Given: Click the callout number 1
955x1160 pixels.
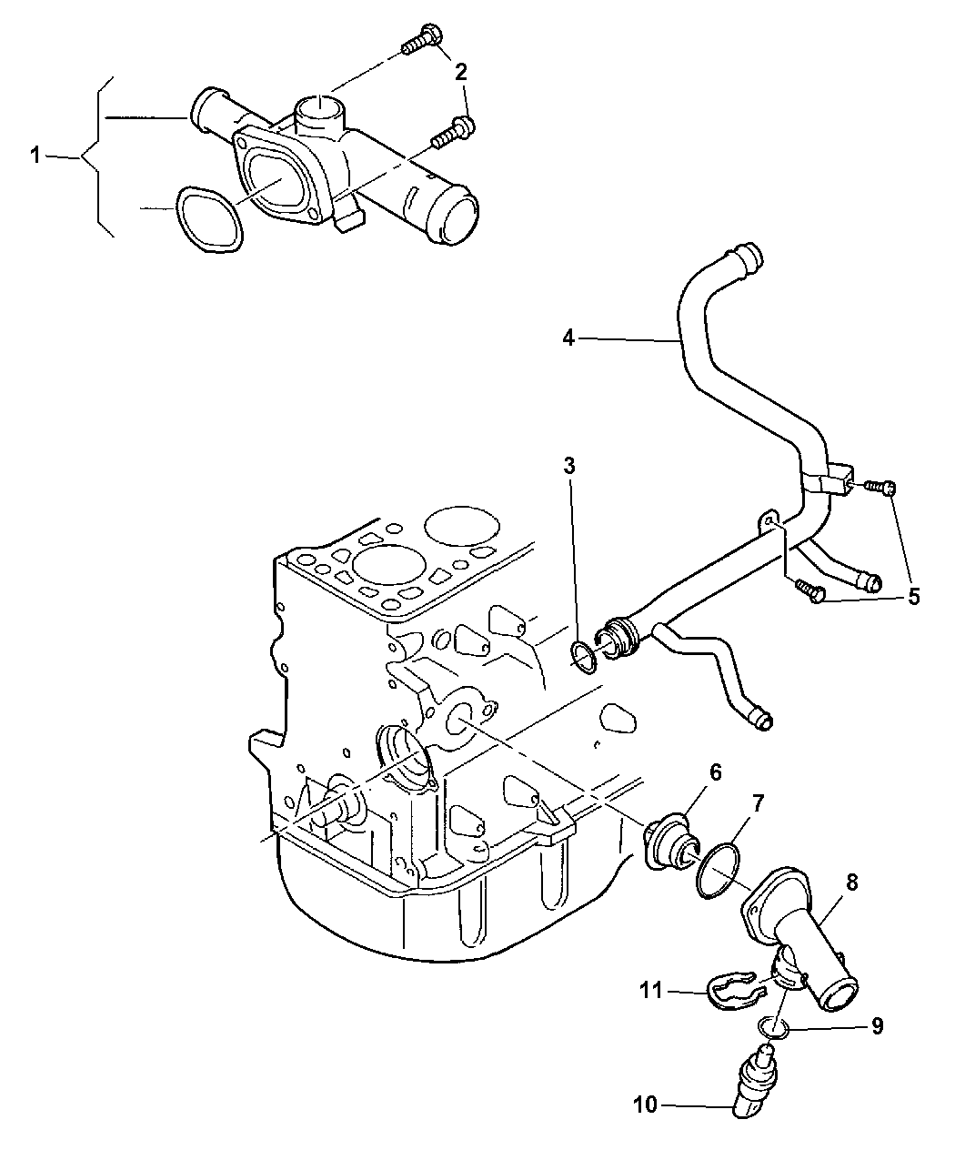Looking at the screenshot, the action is (35, 156).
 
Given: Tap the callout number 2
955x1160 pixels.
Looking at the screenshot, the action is (460, 72).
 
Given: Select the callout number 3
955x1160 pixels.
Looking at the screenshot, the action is (568, 466).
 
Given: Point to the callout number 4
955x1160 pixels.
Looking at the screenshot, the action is (568, 338).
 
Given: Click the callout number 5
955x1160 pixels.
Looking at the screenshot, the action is (914, 596).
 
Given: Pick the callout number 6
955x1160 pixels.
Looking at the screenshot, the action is (716, 772).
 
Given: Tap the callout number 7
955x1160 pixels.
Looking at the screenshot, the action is (758, 803).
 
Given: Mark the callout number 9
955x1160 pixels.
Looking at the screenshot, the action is (877, 1026).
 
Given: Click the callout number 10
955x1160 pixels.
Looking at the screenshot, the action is (646, 1105).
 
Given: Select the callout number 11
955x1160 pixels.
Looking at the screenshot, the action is (650, 990).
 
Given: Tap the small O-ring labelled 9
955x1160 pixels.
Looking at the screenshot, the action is (773, 1028).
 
